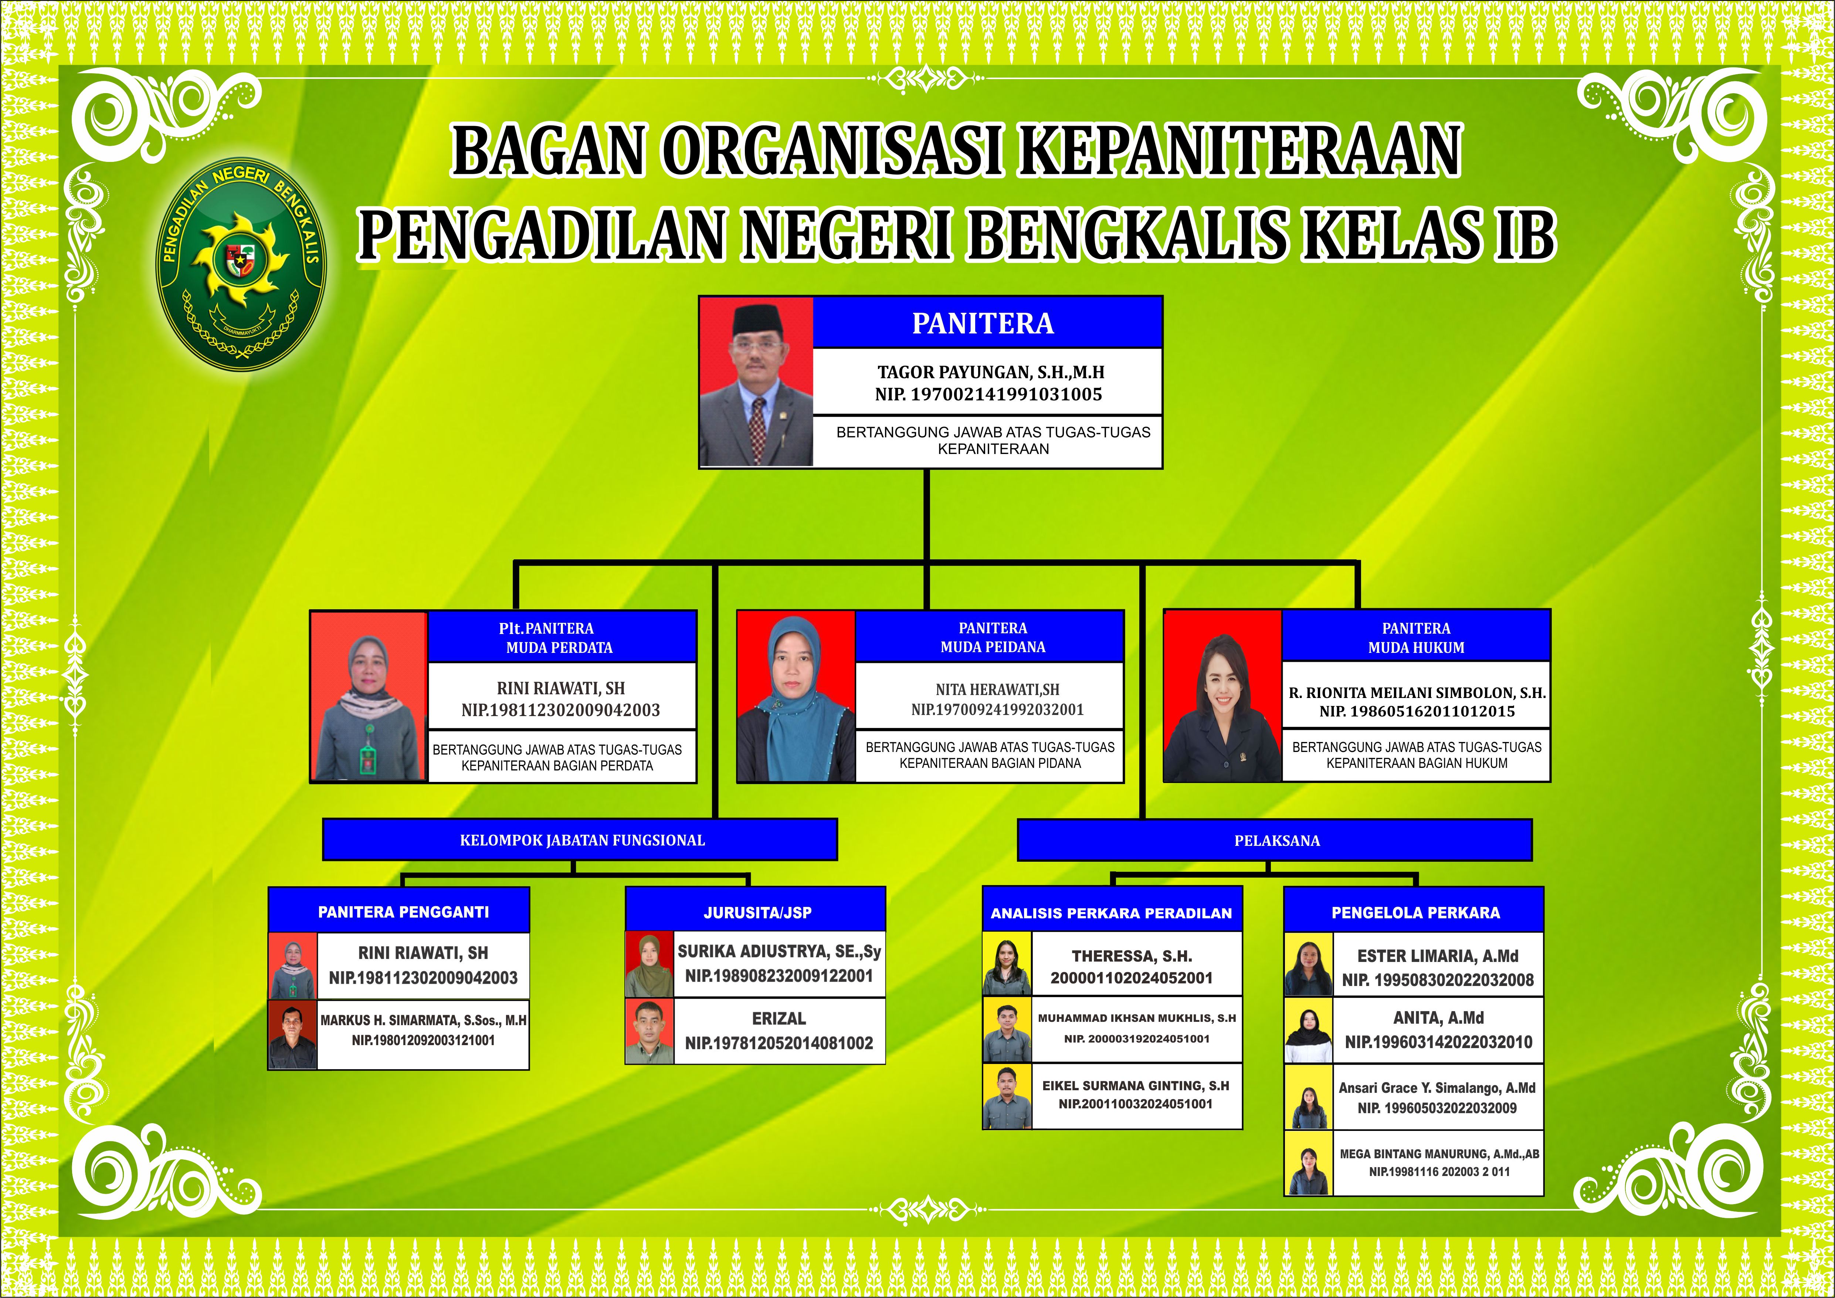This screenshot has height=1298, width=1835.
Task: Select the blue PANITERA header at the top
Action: coord(987,323)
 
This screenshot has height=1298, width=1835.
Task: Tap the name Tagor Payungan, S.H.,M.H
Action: coord(991,372)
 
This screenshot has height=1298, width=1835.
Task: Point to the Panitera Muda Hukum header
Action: coord(1416,637)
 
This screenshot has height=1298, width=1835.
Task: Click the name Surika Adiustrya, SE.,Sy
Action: coord(779,951)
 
